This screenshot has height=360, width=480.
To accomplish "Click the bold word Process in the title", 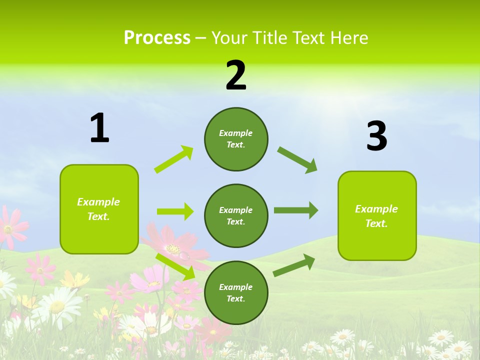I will point(157,38).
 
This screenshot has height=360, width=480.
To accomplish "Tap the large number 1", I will point(99,128).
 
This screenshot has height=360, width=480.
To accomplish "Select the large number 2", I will point(236,75).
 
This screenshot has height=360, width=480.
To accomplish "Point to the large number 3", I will point(377,136).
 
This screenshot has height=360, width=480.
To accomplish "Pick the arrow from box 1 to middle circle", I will point(175,211).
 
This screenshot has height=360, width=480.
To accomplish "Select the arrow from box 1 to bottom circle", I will point(175,266).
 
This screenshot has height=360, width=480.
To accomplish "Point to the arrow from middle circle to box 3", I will point(296,210).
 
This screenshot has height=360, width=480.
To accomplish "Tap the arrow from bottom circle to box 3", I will point(294,265).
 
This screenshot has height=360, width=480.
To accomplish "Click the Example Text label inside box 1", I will point(98,209).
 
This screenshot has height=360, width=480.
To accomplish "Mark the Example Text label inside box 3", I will point(376,216).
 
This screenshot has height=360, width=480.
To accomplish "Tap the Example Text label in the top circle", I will point(236,139).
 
